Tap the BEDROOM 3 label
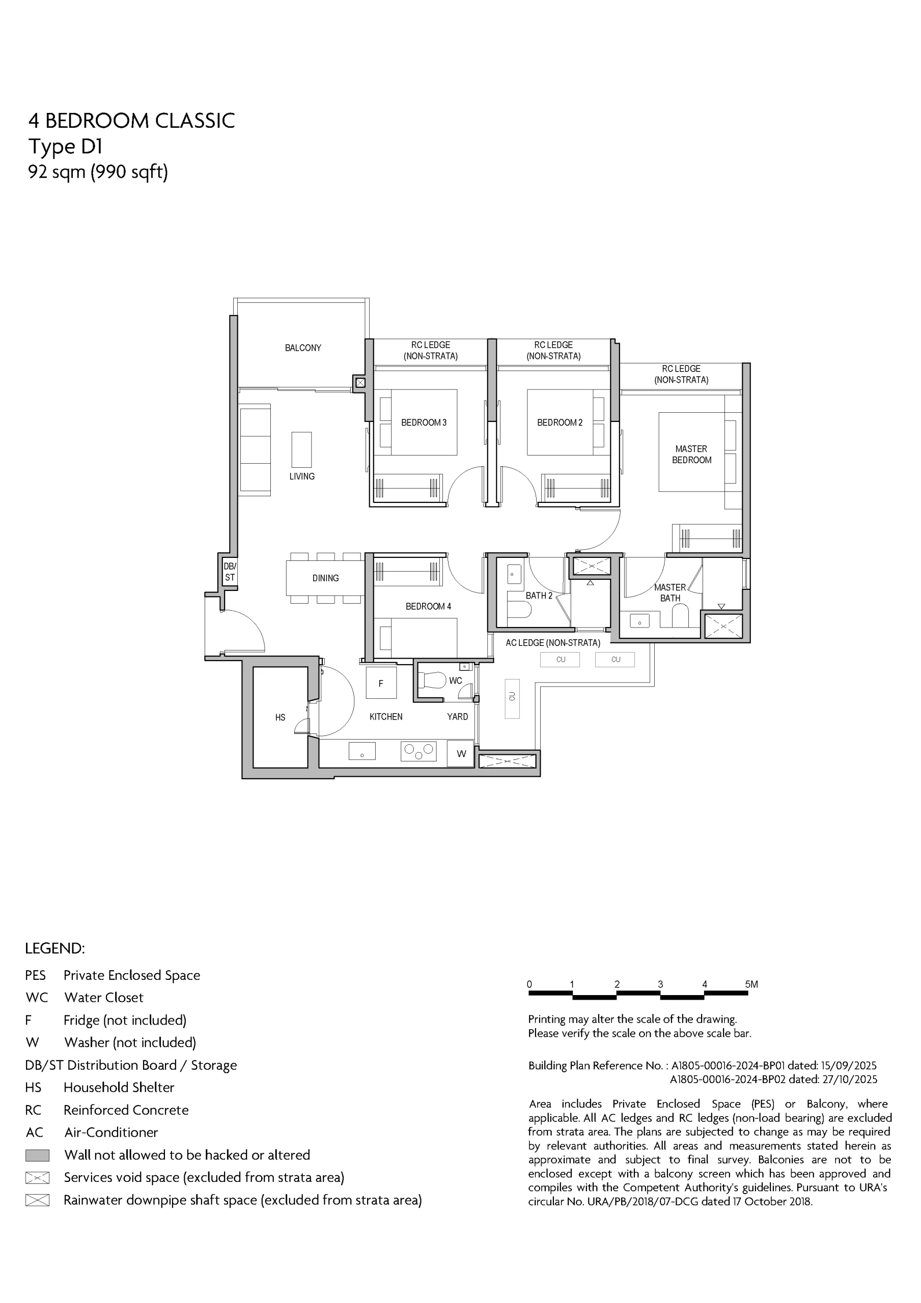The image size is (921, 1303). [x=424, y=422]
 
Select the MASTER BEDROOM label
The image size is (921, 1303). [x=691, y=454]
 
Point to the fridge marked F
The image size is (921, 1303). [x=380, y=683]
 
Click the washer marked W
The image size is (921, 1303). [x=461, y=754]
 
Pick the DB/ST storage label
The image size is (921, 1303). [x=230, y=572]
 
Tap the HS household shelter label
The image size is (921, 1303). [x=280, y=717]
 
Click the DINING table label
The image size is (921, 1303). [x=325, y=578]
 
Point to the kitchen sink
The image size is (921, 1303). [x=361, y=751]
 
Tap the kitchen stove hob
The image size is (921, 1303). [x=418, y=751]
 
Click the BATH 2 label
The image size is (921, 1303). [x=539, y=596]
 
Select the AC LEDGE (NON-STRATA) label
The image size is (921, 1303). [x=552, y=642]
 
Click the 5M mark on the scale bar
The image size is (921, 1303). [x=751, y=984]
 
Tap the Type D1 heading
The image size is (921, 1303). [x=65, y=147]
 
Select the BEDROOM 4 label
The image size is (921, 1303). [x=428, y=606]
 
